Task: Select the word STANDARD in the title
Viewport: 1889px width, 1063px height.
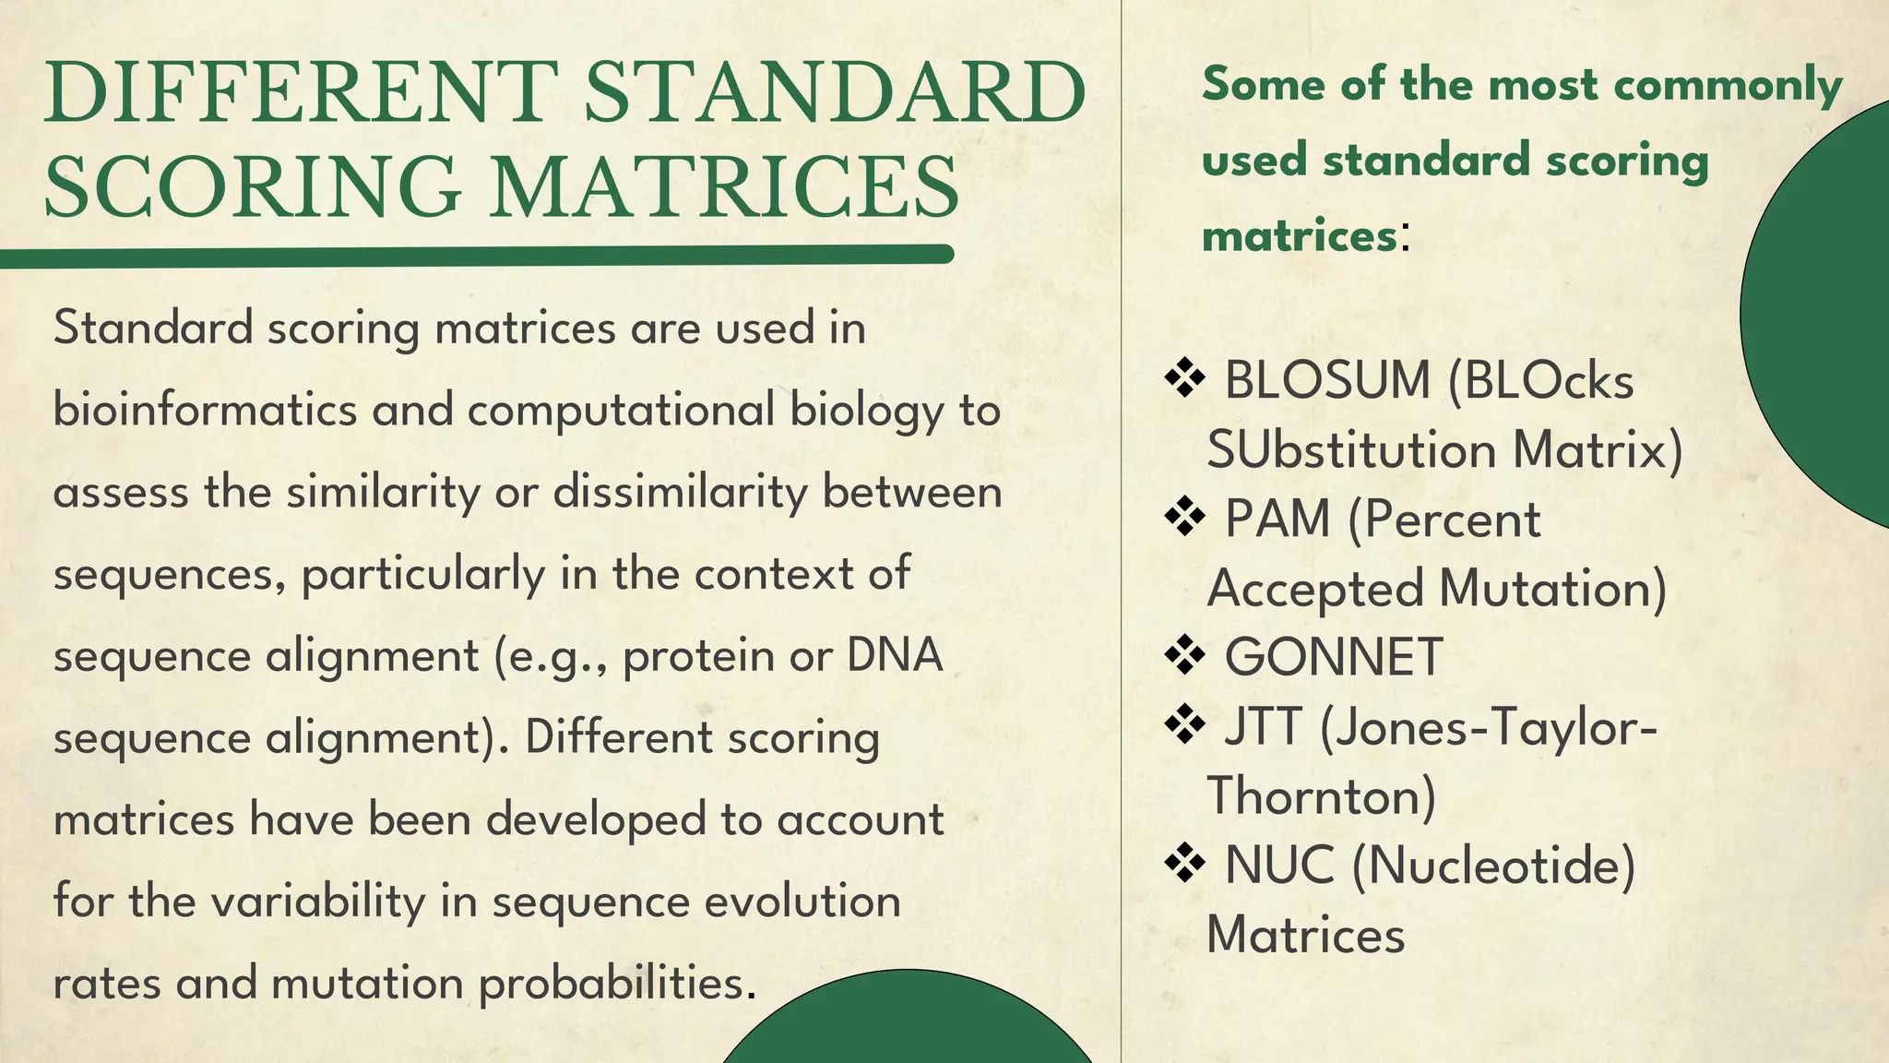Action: pyautogui.click(x=835, y=92)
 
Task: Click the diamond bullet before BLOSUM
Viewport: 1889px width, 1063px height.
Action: pyautogui.click(x=1185, y=379)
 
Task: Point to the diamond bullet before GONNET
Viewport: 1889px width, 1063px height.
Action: pyautogui.click(x=1185, y=656)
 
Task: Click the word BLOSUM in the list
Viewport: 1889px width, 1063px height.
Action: pyautogui.click(x=1326, y=380)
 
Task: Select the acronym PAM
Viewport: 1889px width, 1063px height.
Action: pyautogui.click(x=1277, y=519)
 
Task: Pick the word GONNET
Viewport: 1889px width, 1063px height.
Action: pyautogui.click(x=1333, y=657)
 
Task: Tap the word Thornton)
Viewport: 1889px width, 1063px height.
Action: pyautogui.click(x=1321, y=796)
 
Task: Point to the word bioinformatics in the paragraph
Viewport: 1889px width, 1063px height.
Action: pyautogui.click(x=205, y=410)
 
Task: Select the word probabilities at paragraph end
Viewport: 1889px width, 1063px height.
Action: pyautogui.click(x=612, y=983)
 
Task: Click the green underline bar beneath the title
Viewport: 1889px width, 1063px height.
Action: pyautogui.click(x=475, y=256)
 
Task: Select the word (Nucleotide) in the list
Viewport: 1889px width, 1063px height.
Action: pyautogui.click(x=1493, y=866)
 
